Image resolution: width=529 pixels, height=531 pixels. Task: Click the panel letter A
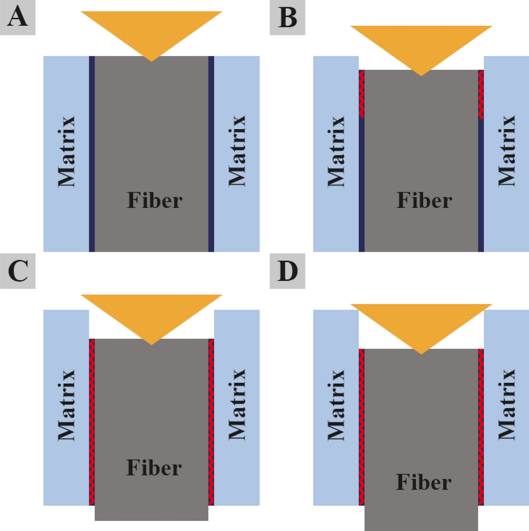click(x=17, y=18)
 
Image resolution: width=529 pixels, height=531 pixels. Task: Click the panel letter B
click(x=287, y=18)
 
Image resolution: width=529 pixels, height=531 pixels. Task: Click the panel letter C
click(x=17, y=272)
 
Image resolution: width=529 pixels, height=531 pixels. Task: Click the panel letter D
click(x=287, y=272)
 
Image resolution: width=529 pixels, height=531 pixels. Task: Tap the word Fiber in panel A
click(x=154, y=200)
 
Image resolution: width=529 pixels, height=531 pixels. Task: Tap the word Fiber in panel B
click(x=424, y=200)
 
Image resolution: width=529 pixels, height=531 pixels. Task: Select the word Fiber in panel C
click(x=154, y=468)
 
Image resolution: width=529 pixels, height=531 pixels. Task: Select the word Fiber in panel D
click(x=424, y=482)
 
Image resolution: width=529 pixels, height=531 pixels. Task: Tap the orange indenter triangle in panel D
click(x=421, y=322)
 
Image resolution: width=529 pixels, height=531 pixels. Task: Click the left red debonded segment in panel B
click(x=362, y=93)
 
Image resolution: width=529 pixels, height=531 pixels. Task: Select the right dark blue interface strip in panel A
click(x=211, y=154)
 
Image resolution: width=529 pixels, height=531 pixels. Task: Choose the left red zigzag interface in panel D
click(x=361, y=426)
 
